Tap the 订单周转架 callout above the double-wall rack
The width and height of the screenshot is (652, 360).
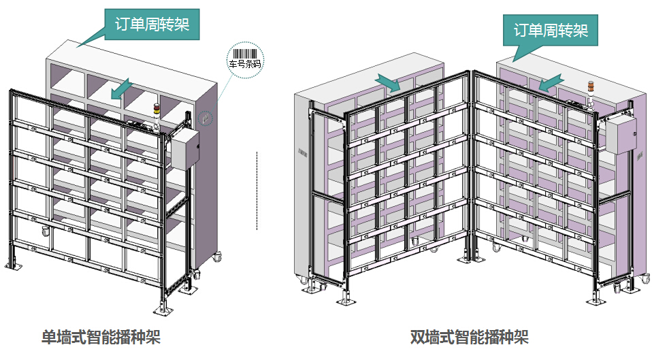[551, 31]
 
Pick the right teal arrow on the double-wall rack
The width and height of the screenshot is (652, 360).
[549, 82]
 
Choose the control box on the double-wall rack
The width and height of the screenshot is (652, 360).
[620, 133]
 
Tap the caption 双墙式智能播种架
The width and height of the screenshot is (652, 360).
[470, 337]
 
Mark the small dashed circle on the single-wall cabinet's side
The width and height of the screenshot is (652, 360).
[205, 118]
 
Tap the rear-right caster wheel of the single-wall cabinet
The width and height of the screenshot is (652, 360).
[218, 258]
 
